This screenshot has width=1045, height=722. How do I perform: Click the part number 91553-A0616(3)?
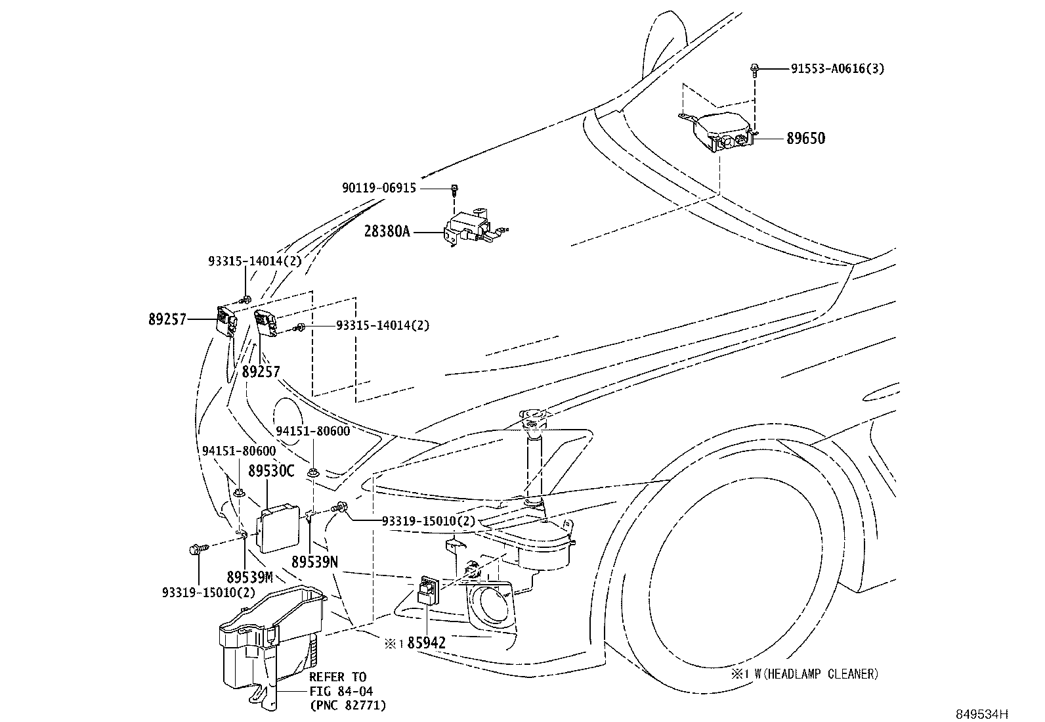pos(838,68)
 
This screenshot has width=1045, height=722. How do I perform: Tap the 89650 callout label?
pos(805,138)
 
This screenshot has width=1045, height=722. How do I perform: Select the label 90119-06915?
pos(379,188)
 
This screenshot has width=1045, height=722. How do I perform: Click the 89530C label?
pos(271,471)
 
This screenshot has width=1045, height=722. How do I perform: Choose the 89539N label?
pos(314,562)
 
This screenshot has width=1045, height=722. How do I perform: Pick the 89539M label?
pos(249,577)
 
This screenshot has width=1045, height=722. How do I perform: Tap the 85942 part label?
pos(427,643)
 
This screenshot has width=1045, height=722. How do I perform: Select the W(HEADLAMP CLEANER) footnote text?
pos(816,674)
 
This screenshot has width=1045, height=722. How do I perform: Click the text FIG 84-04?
pos(341,690)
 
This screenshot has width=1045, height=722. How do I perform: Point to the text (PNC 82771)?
pos(348,705)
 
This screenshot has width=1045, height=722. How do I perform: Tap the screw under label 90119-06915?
pos(454,190)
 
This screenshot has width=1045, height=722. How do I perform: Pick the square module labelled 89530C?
pos(278,529)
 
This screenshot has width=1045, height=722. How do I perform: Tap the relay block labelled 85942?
pos(428,591)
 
